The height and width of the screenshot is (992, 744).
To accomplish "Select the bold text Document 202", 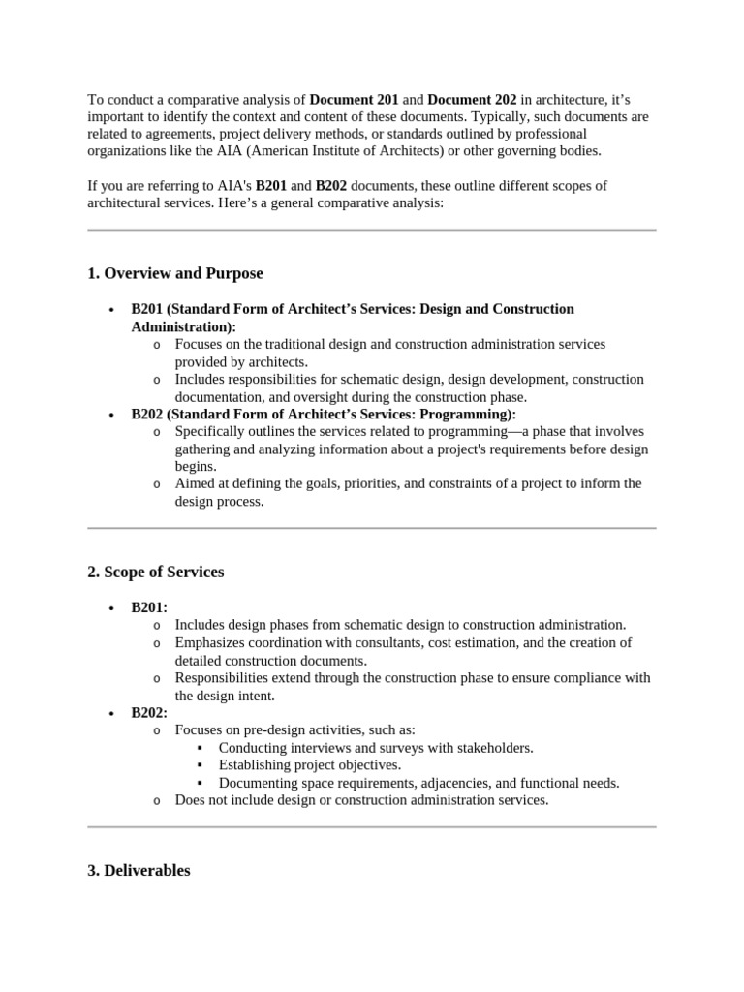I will (x=472, y=100).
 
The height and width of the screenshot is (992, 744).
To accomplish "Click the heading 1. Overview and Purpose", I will (x=174, y=273).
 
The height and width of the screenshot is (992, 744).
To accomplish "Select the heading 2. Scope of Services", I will (x=155, y=572).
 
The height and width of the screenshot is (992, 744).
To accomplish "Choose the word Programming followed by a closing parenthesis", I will (x=471, y=414).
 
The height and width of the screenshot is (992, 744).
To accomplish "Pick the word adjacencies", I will (x=435, y=783).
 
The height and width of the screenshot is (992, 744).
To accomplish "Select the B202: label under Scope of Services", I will (x=149, y=712).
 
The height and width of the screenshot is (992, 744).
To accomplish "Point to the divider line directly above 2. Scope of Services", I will (x=372, y=528).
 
